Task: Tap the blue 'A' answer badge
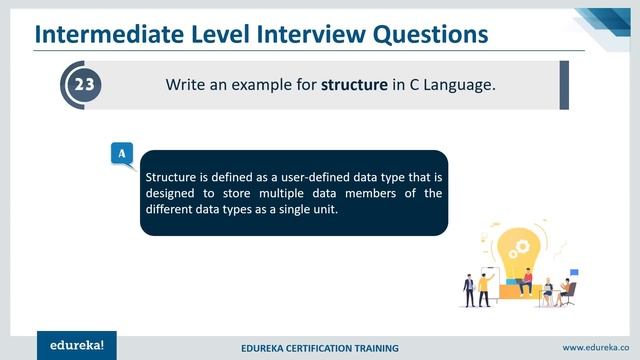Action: (121, 153)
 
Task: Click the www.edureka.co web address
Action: (596, 347)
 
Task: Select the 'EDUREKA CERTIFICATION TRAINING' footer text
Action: (320, 348)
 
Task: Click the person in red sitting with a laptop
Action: (526, 281)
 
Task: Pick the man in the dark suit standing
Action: (468, 288)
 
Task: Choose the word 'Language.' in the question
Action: (461, 85)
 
